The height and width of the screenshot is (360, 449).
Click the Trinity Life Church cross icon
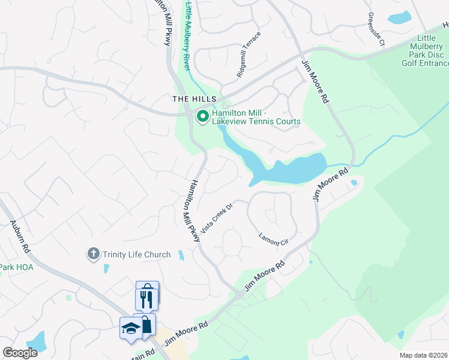pos(93,254)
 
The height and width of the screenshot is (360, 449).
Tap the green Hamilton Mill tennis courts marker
pos(203,116)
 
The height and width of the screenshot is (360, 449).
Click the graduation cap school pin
pos(131,328)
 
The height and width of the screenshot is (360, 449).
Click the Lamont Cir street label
pos(274,236)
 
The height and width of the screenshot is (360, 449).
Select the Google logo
pos(20,353)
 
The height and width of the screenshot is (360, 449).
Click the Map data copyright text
pos(423,355)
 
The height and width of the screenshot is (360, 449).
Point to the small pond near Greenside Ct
pos(399,17)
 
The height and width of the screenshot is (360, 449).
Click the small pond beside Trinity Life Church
pos(180,256)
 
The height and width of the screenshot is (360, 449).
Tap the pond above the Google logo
pos(37,340)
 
